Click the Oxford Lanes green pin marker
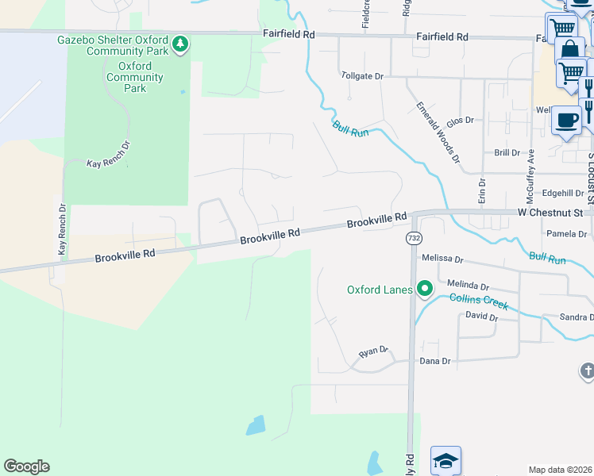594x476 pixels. (x=425, y=289)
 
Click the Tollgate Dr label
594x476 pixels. (x=362, y=76)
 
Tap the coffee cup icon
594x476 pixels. (x=566, y=121)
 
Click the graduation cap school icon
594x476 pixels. (x=445, y=460)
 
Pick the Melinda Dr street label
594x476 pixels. (x=468, y=284)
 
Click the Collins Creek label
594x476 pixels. (x=476, y=298)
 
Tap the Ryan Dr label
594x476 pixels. (x=373, y=351)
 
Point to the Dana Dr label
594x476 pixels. (x=434, y=361)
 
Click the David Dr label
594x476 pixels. (x=481, y=317)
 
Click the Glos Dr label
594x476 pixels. (x=460, y=121)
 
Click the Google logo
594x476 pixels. (x=26, y=466)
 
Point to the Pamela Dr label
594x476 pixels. (x=567, y=234)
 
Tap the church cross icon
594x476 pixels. (x=586, y=370)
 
